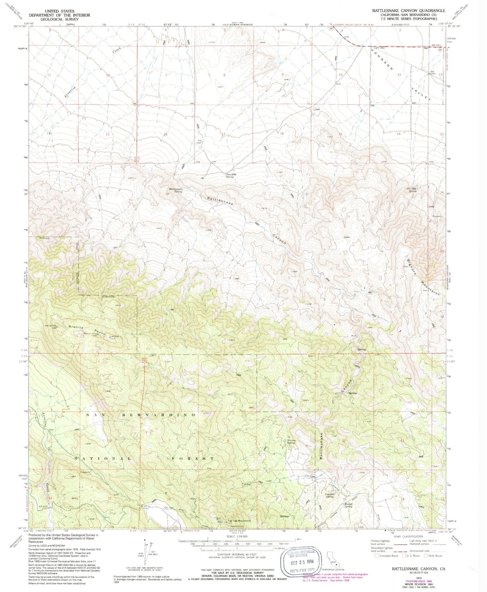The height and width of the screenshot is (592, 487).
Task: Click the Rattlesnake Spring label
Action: click(x=175, y=190)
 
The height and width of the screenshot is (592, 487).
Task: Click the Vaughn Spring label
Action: click(x=330, y=495)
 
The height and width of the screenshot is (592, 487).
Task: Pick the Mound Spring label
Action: click(x=348, y=506)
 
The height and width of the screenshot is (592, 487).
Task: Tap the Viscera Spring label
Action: click(x=291, y=442)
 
